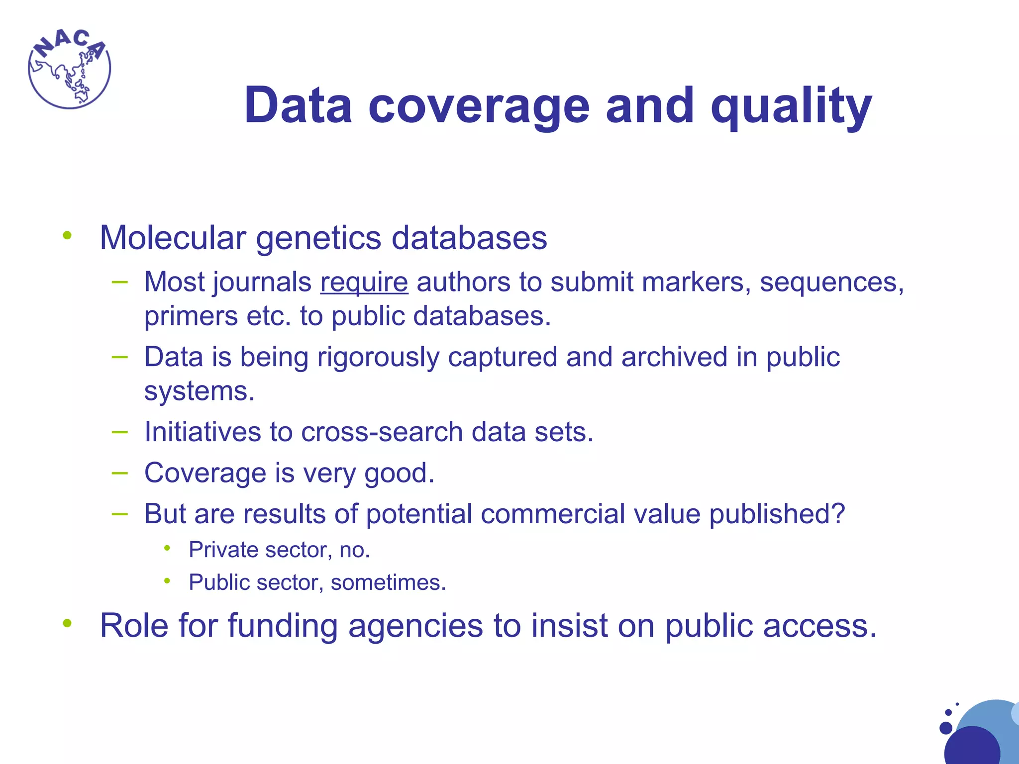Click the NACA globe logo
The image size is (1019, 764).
coord(69,69)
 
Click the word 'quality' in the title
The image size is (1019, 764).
coord(791,106)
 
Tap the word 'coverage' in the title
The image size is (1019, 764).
coord(479,106)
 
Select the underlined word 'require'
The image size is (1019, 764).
coord(364,283)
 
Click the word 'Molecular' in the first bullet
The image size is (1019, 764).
coord(173,238)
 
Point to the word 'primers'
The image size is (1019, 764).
coord(191,317)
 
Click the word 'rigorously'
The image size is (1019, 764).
coord(378,358)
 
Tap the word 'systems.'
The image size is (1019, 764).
coord(199,391)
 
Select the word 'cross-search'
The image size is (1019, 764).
coord(382,432)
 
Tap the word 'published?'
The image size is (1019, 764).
coord(777,515)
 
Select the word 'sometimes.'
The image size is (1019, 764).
coord(388,583)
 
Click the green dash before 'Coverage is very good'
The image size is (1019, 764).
coord(120,473)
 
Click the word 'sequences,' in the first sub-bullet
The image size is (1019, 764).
coord(831,283)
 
